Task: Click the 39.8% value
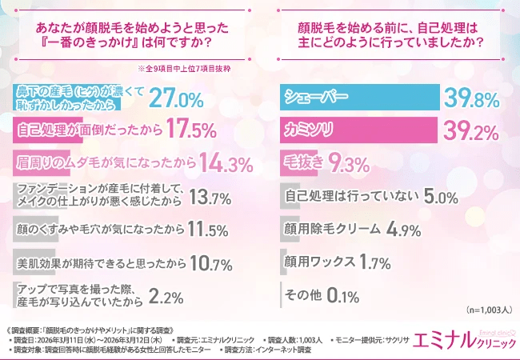click(472, 98)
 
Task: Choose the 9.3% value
click(348, 163)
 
